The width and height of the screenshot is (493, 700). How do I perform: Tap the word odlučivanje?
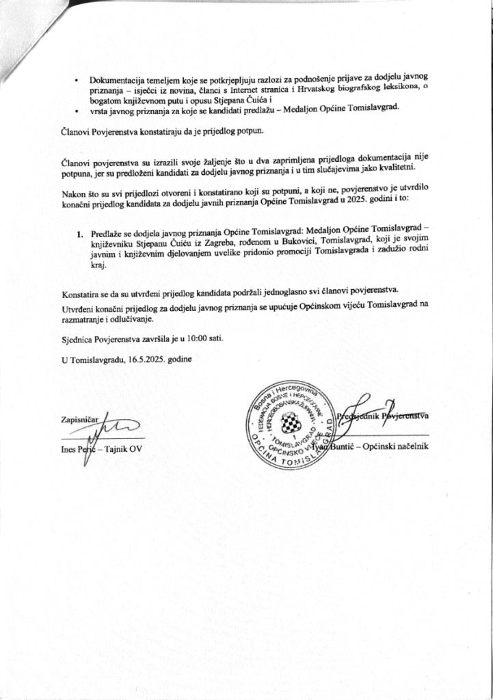click(x=133, y=319)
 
